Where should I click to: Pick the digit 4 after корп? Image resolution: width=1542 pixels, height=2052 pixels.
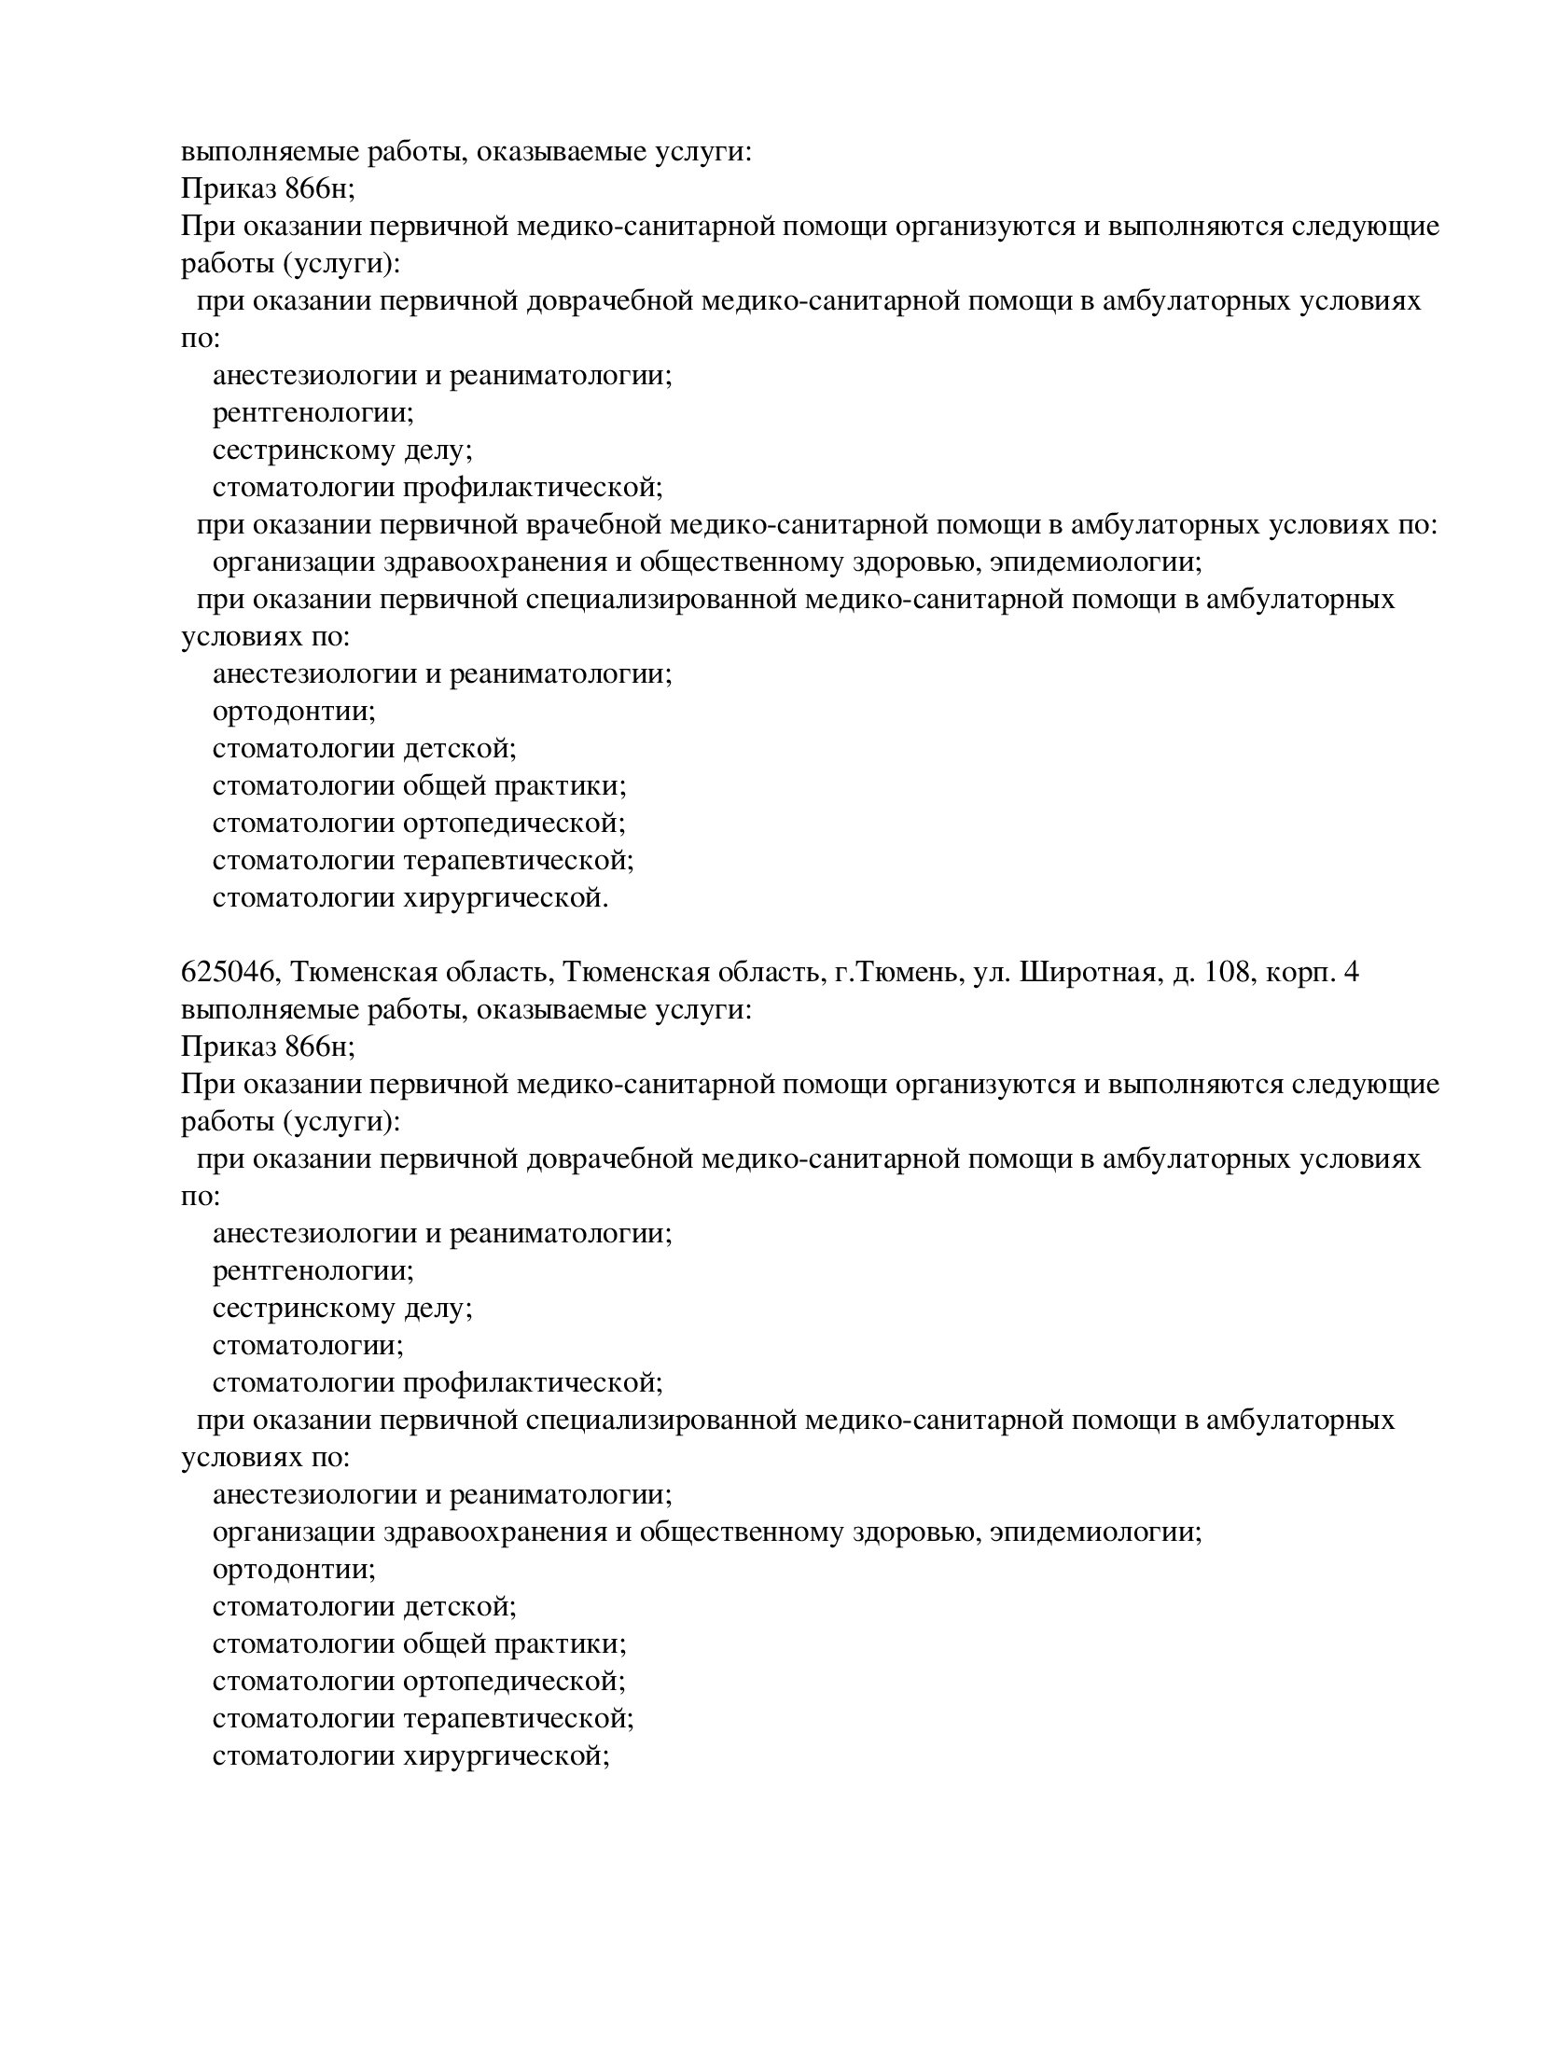click(1353, 972)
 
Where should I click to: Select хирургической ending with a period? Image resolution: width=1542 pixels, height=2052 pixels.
click(506, 897)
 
